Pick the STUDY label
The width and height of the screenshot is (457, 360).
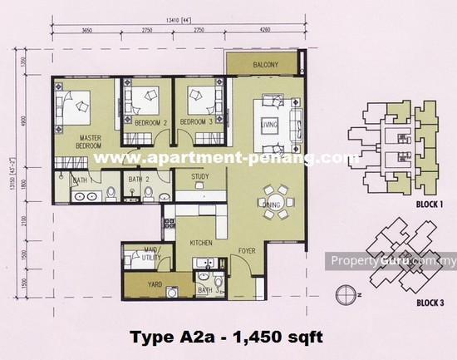[x=199, y=176]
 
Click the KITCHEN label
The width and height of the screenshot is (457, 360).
[x=202, y=244]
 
